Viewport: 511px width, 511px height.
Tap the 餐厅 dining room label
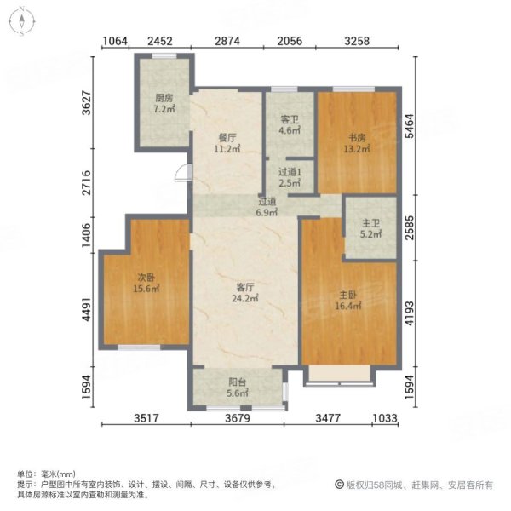(x=225, y=136)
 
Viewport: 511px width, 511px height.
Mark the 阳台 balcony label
(x=238, y=383)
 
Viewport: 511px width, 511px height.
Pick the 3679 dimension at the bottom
(x=239, y=417)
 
